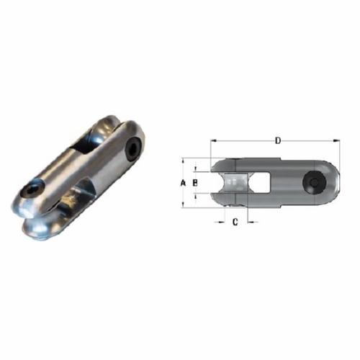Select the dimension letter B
tap(195, 184)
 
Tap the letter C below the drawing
tap(234, 222)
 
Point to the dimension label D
tap(278, 140)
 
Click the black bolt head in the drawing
tap(314, 183)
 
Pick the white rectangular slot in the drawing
tap(264, 183)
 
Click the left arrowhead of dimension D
tap(212, 141)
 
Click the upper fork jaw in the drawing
tap(227, 166)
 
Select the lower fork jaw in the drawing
tap(227, 201)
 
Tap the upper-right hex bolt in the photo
tap(132, 149)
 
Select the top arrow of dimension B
tap(197, 172)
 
